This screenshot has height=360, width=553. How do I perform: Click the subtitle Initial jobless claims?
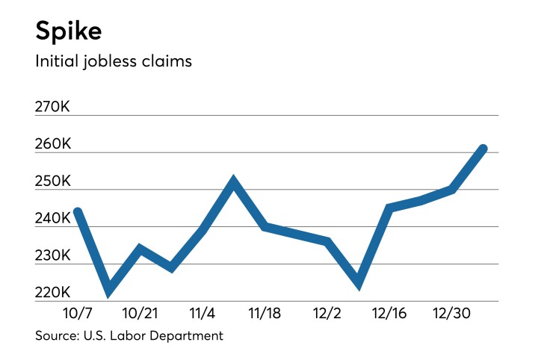114,61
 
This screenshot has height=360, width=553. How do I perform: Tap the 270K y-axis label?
53,108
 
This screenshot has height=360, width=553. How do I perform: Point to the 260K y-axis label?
53,144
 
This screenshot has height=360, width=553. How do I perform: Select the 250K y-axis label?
53,181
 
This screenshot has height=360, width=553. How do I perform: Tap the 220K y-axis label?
53,293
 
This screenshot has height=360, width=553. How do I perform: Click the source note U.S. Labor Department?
129,336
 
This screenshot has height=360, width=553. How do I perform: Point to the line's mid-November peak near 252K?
233,181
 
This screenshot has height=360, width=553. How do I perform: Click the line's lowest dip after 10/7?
109,290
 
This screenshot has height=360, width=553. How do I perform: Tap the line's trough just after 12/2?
359,284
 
